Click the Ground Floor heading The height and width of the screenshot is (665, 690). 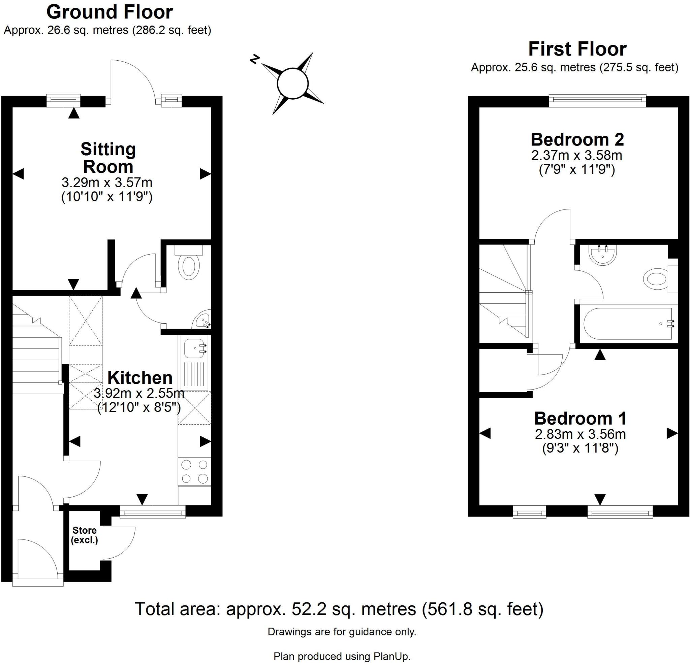[109, 12]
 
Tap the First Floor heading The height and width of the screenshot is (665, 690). [577, 49]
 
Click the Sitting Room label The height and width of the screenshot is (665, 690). [108, 158]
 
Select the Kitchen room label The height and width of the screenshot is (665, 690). [140, 378]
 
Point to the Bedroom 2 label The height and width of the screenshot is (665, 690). [577, 140]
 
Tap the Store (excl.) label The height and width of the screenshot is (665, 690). [85, 535]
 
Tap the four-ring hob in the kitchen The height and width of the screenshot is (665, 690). [194, 472]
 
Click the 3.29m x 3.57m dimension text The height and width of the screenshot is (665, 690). [107, 182]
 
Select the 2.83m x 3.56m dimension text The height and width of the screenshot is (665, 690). [581, 434]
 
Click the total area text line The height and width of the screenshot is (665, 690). [339, 609]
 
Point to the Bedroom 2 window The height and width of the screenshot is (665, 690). [598, 101]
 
